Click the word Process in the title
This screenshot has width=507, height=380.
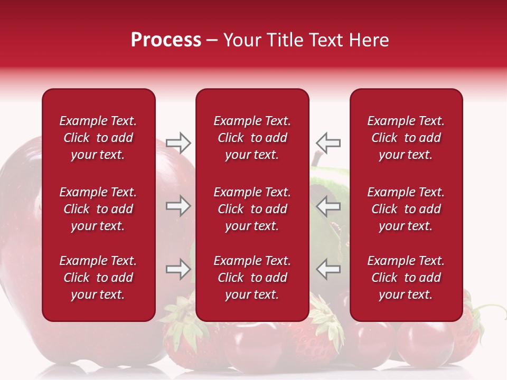click(166, 40)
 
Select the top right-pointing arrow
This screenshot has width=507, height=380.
click(179, 142)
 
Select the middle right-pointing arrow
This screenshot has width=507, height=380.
click(179, 206)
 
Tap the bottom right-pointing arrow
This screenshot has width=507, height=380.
click(179, 269)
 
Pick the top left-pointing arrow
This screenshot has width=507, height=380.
click(328, 142)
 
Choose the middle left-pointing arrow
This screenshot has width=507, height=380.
click(328, 206)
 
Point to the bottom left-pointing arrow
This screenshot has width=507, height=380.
click(328, 269)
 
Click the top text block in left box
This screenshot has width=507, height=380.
click(98, 138)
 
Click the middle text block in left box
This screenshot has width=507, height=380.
click(98, 209)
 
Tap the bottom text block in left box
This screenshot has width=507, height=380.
click(98, 278)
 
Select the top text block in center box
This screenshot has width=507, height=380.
click(252, 138)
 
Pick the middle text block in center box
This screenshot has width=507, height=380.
click(252, 209)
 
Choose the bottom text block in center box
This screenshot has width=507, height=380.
click(252, 278)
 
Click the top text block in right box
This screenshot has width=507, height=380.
click(406, 138)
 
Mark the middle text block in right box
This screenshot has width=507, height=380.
click(406, 209)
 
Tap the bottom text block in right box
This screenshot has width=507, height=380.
click(406, 278)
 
